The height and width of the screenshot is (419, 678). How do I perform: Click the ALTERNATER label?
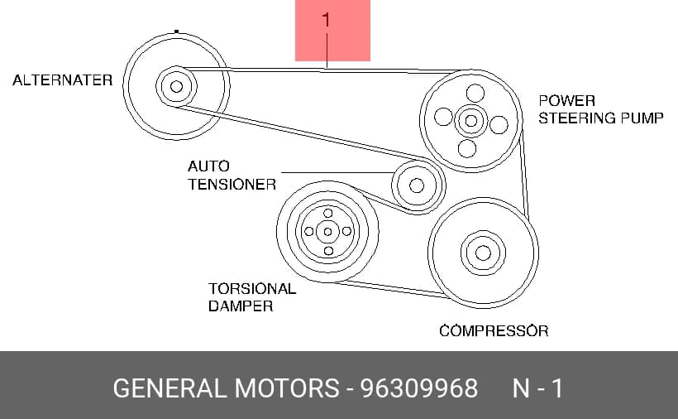point(62,80)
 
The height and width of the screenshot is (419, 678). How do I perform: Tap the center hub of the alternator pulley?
point(176,87)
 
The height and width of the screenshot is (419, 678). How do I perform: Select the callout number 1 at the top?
point(326,20)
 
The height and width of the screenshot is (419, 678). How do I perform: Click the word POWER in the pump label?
point(566,101)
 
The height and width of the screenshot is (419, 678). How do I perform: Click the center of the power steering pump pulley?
point(471,120)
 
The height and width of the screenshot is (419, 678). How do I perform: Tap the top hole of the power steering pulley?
point(475,93)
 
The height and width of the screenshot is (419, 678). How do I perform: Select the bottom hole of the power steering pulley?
point(467,148)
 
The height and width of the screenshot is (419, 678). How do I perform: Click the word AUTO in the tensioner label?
point(208,166)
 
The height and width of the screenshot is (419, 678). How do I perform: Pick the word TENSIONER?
point(232,185)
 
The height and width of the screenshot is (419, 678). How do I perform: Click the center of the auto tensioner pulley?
point(417,185)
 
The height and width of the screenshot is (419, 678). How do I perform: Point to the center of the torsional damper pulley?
point(327,232)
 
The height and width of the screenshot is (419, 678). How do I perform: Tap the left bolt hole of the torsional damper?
point(308,232)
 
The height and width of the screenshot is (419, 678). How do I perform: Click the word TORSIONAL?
point(252,289)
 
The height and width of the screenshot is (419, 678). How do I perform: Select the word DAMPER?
point(241,306)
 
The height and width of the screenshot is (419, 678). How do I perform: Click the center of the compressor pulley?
point(483,253)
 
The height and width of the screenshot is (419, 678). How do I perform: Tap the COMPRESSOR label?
point(494,331)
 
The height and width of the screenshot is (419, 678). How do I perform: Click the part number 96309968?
point(419,388)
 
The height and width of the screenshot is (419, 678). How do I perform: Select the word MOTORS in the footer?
point(287,388)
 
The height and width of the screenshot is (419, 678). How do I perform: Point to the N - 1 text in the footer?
point(537,388)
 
